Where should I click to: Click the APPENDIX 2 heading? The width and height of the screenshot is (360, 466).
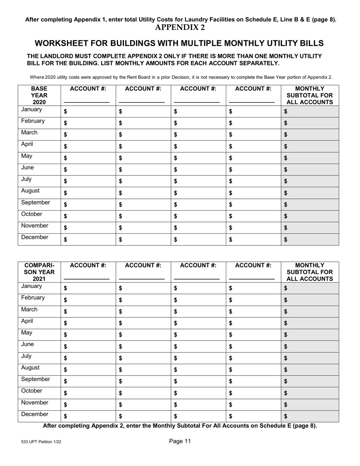pos(180,27)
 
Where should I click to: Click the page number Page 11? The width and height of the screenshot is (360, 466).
pos(180,441)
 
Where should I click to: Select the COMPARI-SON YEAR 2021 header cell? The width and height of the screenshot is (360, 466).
pos(39,272)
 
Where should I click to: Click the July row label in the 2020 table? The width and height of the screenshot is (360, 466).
pos(27,180)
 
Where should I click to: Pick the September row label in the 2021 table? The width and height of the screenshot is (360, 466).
pos(35,379)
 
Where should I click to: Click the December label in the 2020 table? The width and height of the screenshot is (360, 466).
pos(34,238)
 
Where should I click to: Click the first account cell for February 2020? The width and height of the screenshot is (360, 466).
pos(88,123)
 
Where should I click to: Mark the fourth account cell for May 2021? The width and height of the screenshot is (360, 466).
pos(253,335)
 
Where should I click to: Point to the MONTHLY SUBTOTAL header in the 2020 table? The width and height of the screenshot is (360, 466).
pos(310,95)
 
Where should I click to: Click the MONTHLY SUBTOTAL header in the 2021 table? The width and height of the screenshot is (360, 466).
pos(310,272)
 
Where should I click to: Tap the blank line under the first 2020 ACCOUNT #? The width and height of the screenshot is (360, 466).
pos(86,102)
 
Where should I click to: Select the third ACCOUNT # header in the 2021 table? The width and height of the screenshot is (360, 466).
pos(198,266)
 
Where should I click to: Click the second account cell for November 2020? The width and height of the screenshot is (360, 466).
pos(143,228)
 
